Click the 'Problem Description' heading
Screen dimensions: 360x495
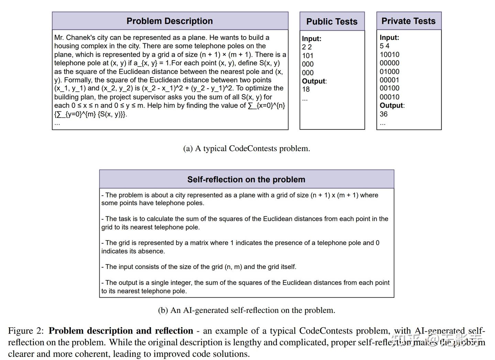pos(169,21)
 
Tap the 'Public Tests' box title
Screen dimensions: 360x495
pos(332,22)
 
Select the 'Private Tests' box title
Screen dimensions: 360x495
pos(408,21)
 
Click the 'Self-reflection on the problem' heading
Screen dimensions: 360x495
pos(246,179)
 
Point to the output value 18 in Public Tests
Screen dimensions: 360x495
pos(306,89)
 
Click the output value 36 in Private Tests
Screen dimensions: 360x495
pos(384,114)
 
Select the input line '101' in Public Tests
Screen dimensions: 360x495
pos(308,56)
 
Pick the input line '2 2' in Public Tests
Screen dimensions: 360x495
pos(307,47)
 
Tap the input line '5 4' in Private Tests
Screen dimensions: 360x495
pos(384,46)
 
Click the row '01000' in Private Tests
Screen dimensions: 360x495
pos(389,71)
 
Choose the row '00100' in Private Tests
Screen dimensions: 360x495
pos(389,88)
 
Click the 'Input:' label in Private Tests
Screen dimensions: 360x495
pos(389,37)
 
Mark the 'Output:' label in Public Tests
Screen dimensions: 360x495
pos(314,81)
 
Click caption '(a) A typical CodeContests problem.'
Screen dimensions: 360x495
pos(246,148)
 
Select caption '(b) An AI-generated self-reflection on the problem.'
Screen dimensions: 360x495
pos(246,310)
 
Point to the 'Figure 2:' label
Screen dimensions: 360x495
pos(26,331)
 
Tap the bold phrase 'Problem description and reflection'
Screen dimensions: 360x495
pos(121,331)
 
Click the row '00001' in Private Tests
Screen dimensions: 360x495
pos(389,80)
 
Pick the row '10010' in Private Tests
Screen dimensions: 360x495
pos(389,55)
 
